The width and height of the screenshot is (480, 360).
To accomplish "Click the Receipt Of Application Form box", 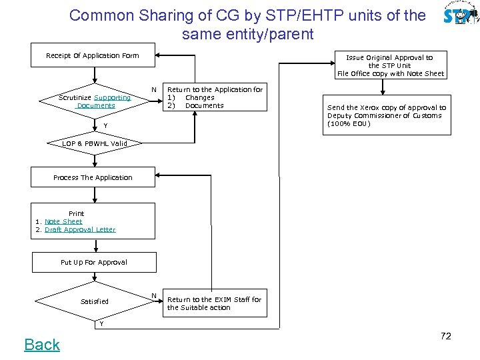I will [x=93, y=56].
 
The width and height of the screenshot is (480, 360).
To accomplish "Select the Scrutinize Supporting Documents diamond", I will [x=95, y=101].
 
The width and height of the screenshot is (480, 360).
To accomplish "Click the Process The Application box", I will [x=93, y=177].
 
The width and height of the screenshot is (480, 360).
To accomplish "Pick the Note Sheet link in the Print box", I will [x=63, y=221].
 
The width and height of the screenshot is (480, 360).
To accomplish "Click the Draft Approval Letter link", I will [x=80, y=229].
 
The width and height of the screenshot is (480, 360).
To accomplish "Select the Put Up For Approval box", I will [x=93, y=262].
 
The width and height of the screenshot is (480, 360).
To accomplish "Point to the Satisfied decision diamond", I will [x=94, y=301].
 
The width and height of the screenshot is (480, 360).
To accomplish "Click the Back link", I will [x=42, y=345].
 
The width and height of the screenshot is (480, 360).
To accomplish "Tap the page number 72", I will [x=446, y=336].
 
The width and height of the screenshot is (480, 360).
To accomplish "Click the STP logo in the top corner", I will [x=459, y=15].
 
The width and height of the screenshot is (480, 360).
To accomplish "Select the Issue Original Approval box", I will [x=390, y=65].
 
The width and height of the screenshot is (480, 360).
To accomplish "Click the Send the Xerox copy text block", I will [x=387, y=115].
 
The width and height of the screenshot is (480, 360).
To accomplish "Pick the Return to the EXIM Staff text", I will [x=214, y=303].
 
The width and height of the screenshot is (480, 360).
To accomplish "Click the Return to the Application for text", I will [x=214, y=97].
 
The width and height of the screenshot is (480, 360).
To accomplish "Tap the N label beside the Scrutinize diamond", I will [x=154, y=89].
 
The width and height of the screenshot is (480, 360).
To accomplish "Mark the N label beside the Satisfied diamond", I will [x=154, y=295].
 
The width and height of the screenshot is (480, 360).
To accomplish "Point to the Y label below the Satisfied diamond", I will [x=101, y=324].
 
